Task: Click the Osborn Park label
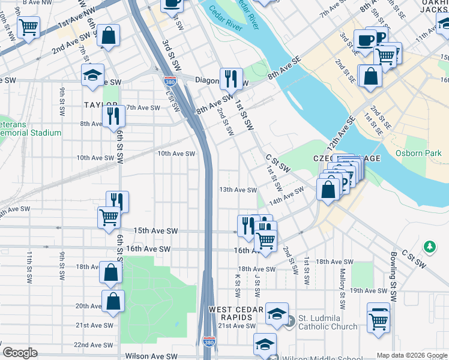point(418,153)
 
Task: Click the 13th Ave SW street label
point(238,190)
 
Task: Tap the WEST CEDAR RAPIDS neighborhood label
point(236,313)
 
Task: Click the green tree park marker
point(429,246)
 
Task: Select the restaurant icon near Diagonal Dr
point(230,77)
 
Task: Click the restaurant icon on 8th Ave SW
point(113,115)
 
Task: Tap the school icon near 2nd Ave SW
point(92,75)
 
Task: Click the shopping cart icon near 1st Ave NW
point(28,26)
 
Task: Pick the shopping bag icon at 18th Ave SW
point(111,272)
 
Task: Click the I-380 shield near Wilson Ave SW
point(209,342)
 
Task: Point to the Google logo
point(20,353)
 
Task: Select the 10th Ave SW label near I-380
point(176,154)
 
